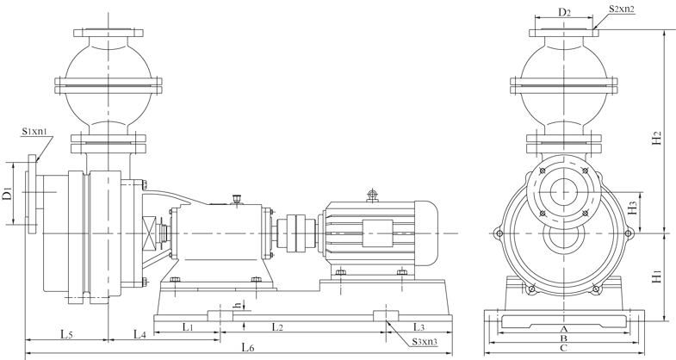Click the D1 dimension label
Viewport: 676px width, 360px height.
tap(7, 194)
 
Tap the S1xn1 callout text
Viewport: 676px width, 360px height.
tap(34, 131)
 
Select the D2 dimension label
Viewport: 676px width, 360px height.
tap(565, 12)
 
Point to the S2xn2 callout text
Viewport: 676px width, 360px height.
tap(622, 9)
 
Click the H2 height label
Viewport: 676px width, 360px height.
tap(657, 138)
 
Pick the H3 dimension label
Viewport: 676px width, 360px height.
tap(633, 208)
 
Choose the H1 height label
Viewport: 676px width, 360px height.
tap(656, 276)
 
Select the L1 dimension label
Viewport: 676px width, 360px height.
tap(188, 326)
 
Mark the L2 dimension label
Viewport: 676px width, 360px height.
tap(277, 326)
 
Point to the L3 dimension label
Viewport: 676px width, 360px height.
tap(419, 326)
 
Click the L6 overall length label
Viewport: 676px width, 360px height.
tap(248, 347)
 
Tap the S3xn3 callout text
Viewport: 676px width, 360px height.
tap(425, 342)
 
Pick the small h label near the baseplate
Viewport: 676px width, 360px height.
tap(237, 305)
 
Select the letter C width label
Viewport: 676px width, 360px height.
tap(563, 348)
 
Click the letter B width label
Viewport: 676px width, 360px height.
tap(563, 338)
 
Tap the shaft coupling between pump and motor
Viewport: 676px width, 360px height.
tap(295, 233)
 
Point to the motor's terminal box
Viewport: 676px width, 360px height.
tap(377, 233)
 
